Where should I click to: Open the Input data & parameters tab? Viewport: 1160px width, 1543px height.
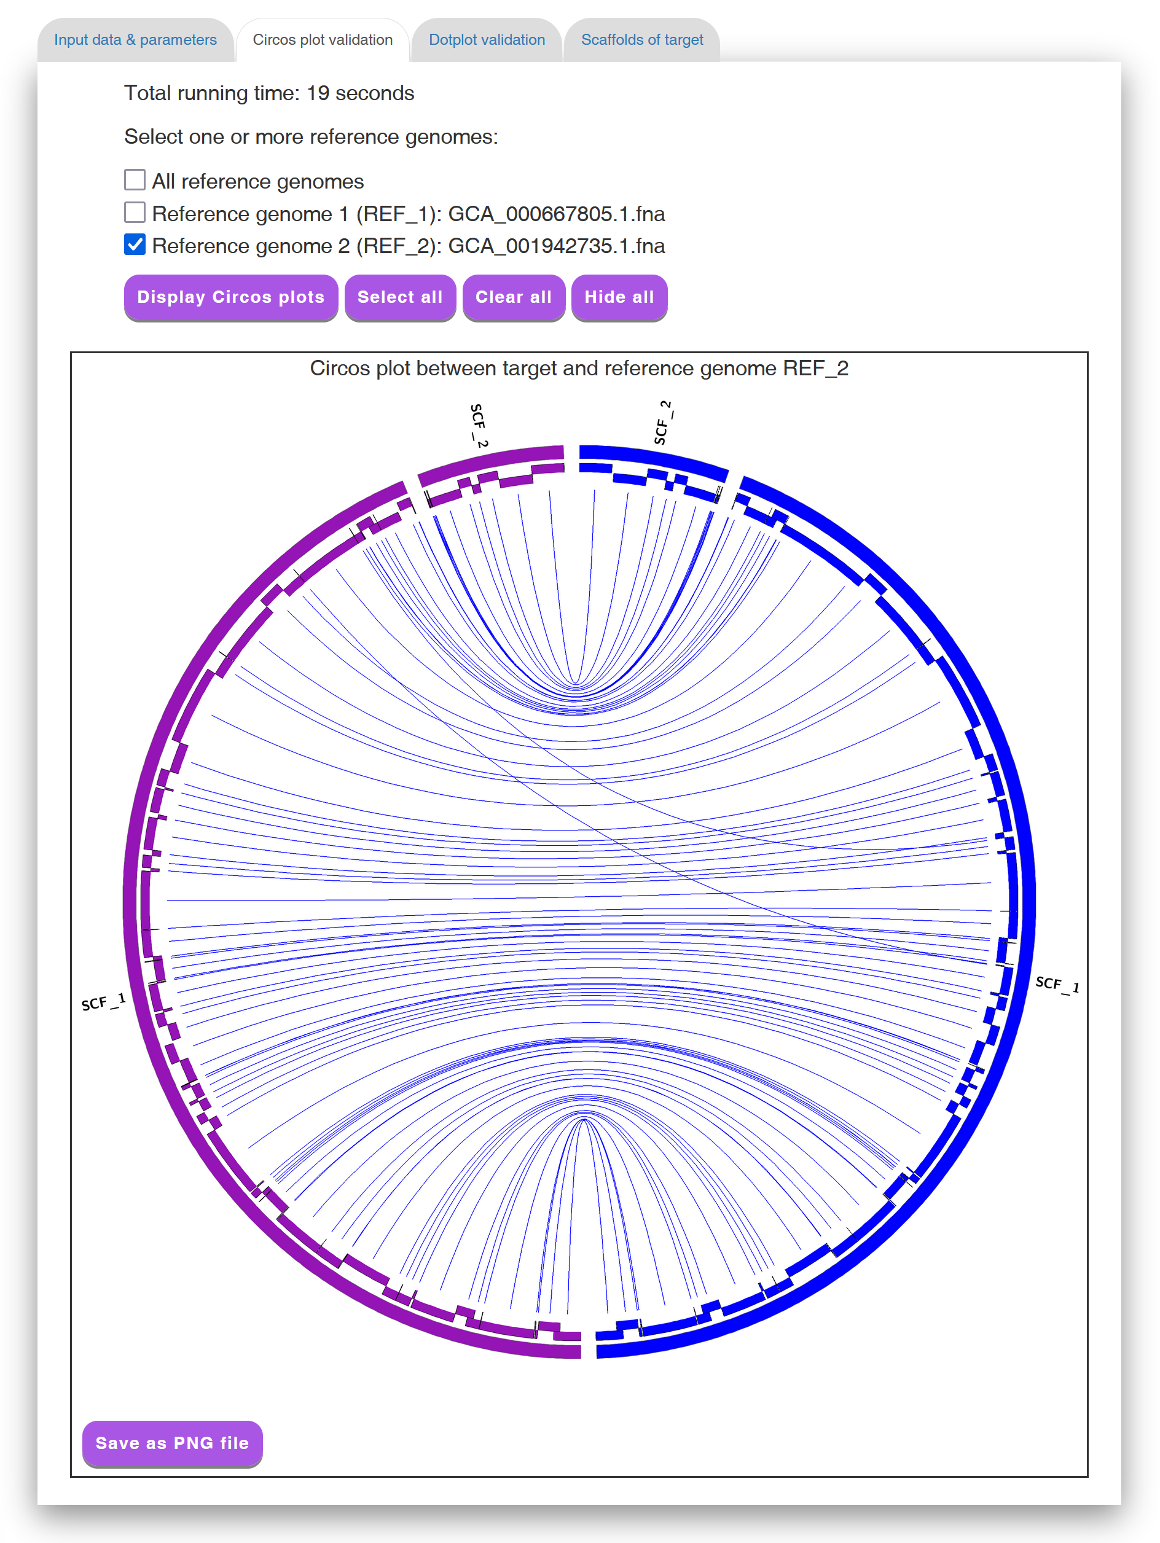point(135,40)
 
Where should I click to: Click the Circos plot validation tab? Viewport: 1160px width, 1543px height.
point(323,40)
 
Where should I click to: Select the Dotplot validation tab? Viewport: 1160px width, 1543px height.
point(487,40)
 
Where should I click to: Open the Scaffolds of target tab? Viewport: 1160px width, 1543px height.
point(641,40)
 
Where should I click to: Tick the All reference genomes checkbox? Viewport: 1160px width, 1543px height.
point(135,180)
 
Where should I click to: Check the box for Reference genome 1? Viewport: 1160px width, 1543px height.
point(135,212)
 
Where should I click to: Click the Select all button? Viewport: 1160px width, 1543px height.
point(400,297)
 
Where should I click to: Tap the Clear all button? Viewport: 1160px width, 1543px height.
point(514,297)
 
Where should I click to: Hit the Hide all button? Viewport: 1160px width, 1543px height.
point(619,297)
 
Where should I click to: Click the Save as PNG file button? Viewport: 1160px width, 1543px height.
point(172,1442)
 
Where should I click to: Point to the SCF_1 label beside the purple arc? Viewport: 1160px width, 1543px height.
point(103,1002)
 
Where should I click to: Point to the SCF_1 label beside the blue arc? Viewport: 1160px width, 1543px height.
point(1057,983)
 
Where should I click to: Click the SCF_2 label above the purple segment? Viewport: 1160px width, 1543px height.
point(479,425)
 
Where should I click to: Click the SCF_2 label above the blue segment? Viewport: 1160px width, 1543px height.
point(663,423)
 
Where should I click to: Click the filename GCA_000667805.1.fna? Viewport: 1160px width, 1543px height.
point(556,214)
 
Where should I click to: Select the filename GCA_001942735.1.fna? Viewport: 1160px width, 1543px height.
point(556,246)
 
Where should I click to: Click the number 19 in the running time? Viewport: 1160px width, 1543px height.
point(318,93)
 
